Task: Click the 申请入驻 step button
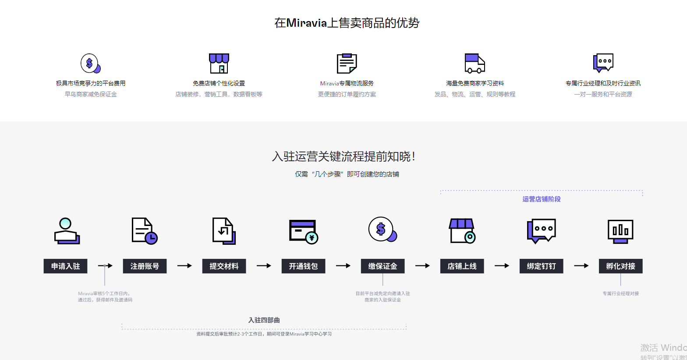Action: click(65, 266)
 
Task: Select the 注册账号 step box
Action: click(145, 266)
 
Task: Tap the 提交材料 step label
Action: click(224, 266)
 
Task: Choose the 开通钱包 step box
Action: click(303, 266)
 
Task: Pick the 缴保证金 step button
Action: click(382, 266)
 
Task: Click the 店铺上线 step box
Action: click(462, 266)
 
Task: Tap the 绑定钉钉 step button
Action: click(541, 266)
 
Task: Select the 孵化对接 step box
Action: click(620, 266)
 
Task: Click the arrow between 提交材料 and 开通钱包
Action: click(264, 266)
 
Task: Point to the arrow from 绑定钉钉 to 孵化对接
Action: click(581, 266)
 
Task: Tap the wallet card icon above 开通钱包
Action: click(303, 231)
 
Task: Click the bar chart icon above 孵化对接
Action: click(620, 231)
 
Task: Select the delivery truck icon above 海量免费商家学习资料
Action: click(475, 64)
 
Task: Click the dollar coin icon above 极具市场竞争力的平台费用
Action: click(90, 64)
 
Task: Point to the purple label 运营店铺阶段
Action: click(541, 199)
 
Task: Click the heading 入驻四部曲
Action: click(264, 320)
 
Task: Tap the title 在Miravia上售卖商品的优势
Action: click(347, 23)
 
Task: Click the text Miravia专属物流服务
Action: click(347, 83)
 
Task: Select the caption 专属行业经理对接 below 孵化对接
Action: click(620, 293)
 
